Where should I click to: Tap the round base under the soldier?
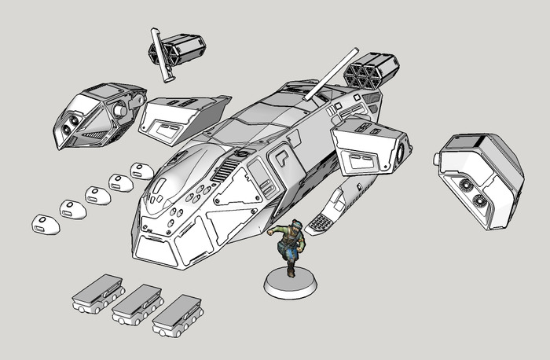(290, 284)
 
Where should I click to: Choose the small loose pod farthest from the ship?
(46, 224)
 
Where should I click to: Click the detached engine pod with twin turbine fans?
(478, 181)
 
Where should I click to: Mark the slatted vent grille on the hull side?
(225, 167)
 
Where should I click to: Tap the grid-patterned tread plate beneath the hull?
(321, 223)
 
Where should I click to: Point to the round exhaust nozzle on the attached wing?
(403, 149)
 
